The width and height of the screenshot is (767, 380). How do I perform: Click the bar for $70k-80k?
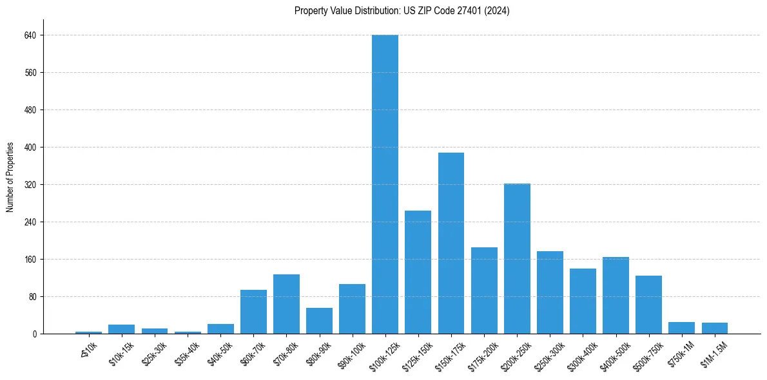(286, 304)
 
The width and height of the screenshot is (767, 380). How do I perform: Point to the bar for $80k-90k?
(319, 321)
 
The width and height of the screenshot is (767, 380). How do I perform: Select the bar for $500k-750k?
(648, 305)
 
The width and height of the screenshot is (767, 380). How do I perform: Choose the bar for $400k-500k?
(616, 296)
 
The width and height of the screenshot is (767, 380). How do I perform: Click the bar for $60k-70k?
(253, 312)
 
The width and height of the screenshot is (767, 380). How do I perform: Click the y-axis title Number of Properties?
(10, 177)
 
